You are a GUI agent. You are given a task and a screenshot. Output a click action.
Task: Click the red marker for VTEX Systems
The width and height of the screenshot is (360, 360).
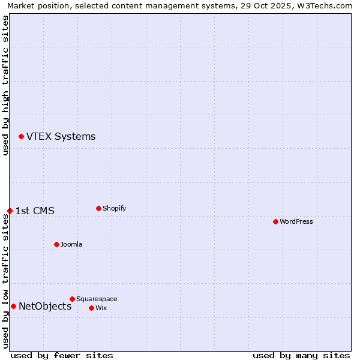21,137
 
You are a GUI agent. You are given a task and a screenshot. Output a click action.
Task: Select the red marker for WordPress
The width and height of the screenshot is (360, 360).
275,222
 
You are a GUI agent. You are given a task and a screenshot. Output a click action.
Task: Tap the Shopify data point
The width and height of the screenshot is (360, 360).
98,209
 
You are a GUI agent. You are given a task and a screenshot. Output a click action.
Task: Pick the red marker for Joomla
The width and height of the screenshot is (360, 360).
56,245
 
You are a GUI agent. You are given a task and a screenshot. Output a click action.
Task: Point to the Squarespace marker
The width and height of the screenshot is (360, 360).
72,299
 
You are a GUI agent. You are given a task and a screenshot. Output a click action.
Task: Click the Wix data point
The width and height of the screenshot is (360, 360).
91,308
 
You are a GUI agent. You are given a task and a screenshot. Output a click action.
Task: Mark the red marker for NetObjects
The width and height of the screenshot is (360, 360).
13,307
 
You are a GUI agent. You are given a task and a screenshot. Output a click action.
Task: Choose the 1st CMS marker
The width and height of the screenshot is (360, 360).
10,211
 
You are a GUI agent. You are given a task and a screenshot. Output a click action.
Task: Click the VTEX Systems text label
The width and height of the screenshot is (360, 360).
61,137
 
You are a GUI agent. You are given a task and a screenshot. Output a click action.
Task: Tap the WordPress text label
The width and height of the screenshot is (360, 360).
296,222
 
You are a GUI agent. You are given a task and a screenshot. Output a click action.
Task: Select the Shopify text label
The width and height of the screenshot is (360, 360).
114,209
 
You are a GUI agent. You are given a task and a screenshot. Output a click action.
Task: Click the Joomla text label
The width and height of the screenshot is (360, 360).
71,245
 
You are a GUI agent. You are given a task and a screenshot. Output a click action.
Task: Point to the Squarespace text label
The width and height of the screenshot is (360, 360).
97,299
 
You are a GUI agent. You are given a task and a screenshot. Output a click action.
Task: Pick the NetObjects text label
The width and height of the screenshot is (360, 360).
45,307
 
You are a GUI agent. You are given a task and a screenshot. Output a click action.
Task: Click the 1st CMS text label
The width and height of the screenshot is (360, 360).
35,211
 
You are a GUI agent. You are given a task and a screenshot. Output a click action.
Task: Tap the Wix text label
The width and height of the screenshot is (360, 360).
101,308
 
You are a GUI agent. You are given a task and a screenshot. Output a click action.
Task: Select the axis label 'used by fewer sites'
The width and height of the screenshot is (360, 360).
62,355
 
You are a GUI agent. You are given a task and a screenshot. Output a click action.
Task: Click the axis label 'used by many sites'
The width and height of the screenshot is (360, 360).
301,355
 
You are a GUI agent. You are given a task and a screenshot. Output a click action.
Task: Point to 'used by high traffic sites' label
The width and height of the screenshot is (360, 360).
5,85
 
